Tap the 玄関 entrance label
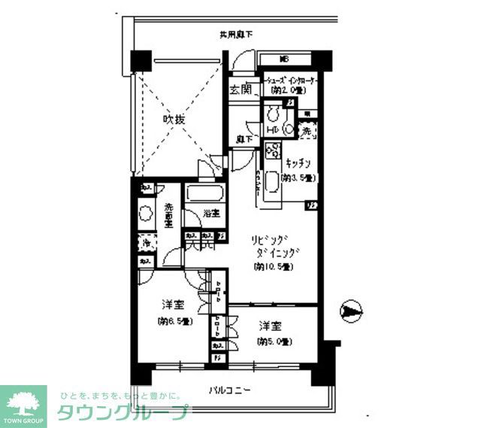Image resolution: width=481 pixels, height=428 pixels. [240, 90]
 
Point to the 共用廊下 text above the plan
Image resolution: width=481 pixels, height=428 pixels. [234, 35]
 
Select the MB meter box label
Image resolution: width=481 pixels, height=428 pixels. [284, 59]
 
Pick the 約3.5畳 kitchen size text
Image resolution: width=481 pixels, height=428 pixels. [297, 178]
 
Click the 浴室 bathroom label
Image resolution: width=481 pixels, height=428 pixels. [211, 214]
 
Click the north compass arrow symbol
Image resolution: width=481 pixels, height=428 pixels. [350, 310]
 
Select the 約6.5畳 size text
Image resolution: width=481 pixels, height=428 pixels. [175, 321]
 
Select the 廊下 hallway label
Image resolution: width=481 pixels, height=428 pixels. [242, 139]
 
